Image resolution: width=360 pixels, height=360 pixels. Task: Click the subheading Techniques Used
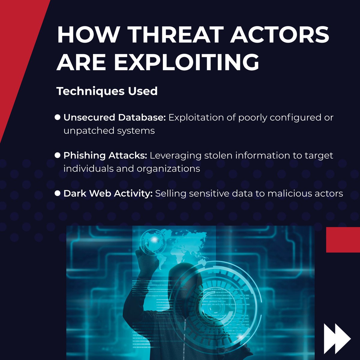coord(107,91)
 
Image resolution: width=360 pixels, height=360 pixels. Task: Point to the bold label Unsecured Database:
coord(114,117)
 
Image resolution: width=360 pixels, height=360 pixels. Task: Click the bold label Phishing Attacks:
coord(105,155)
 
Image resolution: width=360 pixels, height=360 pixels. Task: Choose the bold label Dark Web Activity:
coord(108,193)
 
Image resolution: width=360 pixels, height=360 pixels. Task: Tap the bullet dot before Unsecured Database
coord(58,117)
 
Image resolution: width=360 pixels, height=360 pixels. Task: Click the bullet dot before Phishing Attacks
coord(58,155)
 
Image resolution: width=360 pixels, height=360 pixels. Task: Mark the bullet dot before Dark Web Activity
coord(58,193)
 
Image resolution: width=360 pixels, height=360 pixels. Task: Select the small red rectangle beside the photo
coord(343,240)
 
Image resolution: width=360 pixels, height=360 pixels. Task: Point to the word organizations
coord(168,169)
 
